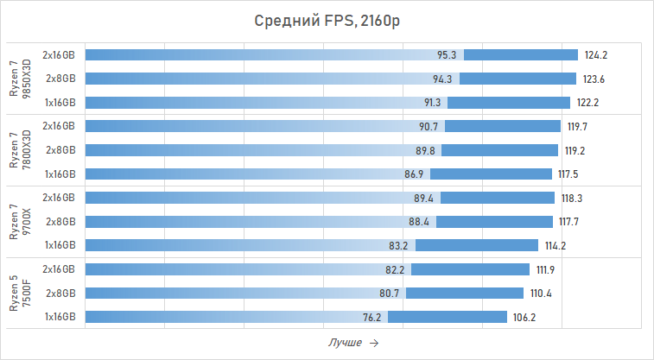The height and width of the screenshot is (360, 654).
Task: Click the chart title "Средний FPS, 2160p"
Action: [x=327, y=21]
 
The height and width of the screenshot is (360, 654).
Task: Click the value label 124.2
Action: [x=596, y=55]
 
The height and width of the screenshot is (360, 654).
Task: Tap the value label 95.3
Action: [x=447, y=55]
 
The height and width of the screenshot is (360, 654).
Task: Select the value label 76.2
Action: [x=371, y=317]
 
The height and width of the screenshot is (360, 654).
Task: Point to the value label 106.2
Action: [x=525, y=317]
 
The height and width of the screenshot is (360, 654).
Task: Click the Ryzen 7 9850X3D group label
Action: [x=19, y=79]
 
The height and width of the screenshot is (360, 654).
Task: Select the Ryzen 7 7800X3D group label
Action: [x=19, y=149]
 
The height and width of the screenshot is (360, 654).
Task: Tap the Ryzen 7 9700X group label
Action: [x=19, y=221]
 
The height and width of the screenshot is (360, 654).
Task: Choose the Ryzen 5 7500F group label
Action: [x=19, y=293]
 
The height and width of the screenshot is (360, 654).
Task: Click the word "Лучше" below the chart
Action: [x=345, y=343]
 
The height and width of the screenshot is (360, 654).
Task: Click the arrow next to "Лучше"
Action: [x=373, y=343]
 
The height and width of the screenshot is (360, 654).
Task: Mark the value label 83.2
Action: [x=398, y=245]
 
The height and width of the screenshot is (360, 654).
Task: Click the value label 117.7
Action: [x=569, y=222]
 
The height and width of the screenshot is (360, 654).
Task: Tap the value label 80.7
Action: [x=389, y=294]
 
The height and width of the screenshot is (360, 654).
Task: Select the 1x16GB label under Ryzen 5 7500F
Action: [x=60, y=317]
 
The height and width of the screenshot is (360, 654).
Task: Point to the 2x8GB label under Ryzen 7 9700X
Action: [x=60, y=222]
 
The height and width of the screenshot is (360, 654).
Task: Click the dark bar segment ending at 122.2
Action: [x=509, y=102]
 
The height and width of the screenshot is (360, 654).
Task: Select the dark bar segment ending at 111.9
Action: [x=470, y=269]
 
